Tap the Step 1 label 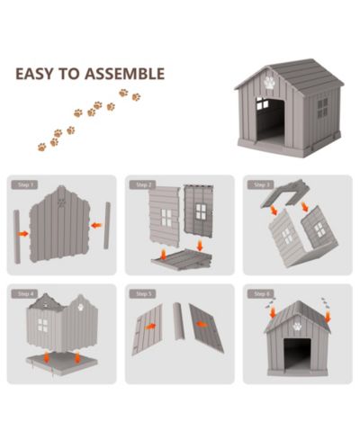pyautogui.click(x=24, y=184)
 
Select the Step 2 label pyautogui.click(x=142, y=184)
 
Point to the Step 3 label pyautogui.click(x=260, y=184)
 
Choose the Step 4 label pyautogui.click(x=24, y=294)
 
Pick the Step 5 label pyautogui.click(x=142, y=294)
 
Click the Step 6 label pyautogui.click(x=260, y=294)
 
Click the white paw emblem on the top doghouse pyautogui.click(x=270, y=82)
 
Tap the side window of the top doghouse pyautogui.click(x=323, y=108)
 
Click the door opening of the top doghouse pyautogui.click(x=270, y=121)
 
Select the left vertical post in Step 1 pyautogui.click(x=17, y=237)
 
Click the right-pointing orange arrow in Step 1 pyautogui.click(x=23, y=234)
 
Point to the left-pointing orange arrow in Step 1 pyautogui.click(x=96, y=225)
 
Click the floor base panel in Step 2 pyautogui.click(x=182, y=259)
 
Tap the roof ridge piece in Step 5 pyautogui.click(x=179, y=321)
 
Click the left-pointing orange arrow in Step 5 pyautogui.click(x=202, y=324)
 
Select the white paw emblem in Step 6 pyautogui.click(x=297, y=326)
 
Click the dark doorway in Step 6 pyautogui.click(x=297, y=355)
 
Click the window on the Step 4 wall pyautogui.click(x=42, y=326)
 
